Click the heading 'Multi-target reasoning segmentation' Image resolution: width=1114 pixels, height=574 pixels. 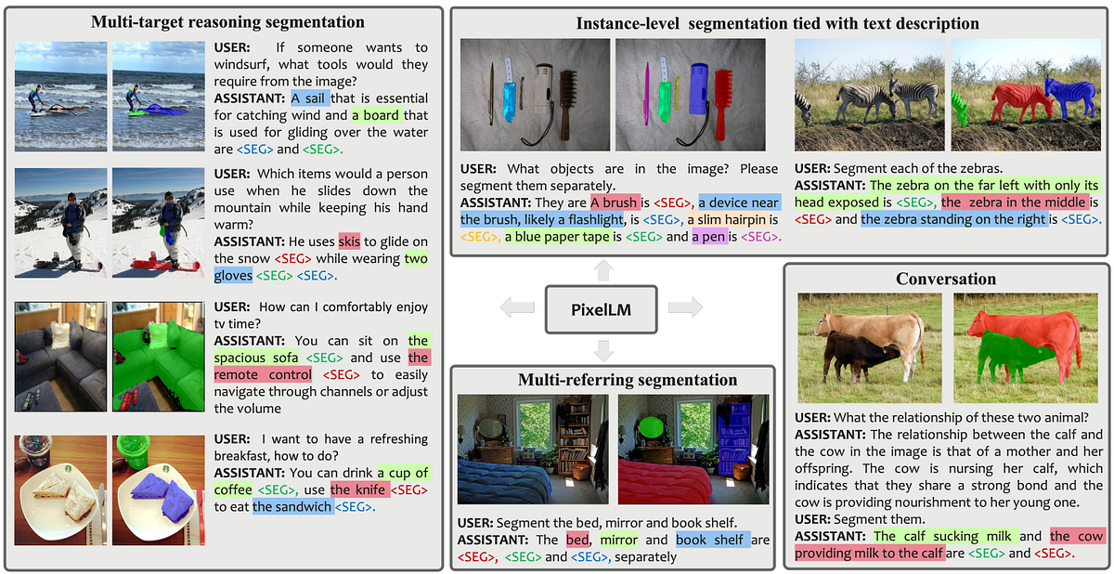227,21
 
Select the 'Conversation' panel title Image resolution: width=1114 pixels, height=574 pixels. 946,279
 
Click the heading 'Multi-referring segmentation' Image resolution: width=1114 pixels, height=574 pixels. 614,379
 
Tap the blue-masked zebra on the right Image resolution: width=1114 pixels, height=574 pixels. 1069,96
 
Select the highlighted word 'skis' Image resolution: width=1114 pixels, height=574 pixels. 349,241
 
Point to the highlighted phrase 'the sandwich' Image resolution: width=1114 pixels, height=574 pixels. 292,506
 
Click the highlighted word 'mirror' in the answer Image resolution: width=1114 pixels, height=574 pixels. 619,540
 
